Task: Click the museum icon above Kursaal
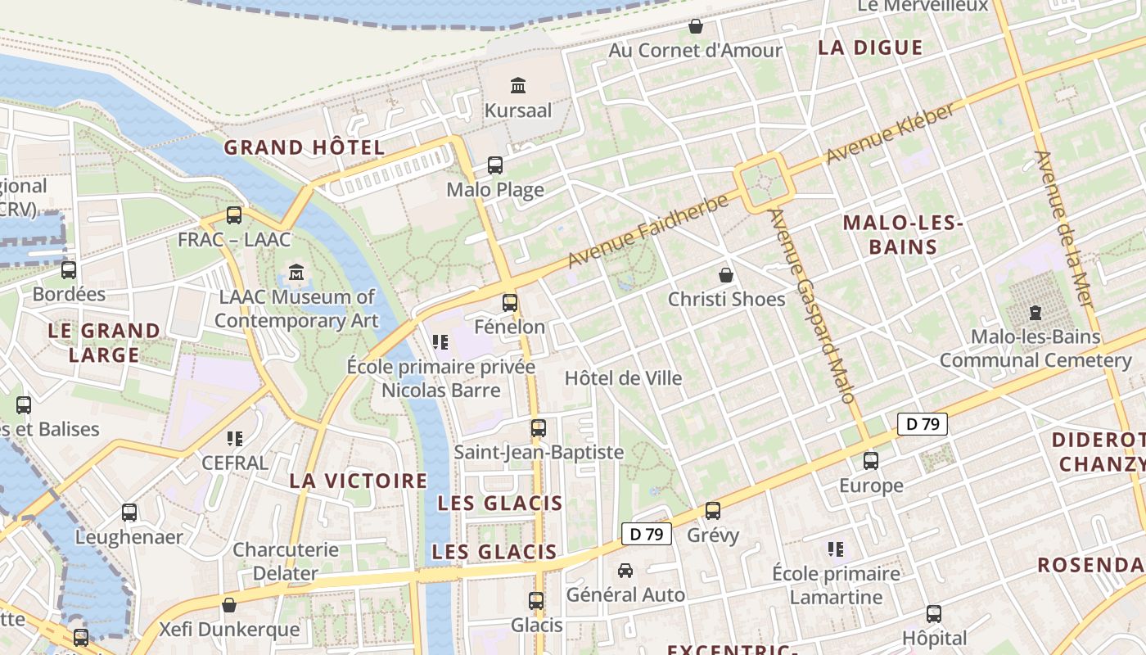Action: pyautogui.click(x=517, y=85)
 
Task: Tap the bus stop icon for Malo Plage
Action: pyautogui.click(x=495, y=165)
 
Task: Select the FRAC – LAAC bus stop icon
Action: pyautogui.click(x=234, y=215)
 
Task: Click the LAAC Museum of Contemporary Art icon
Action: pyautogui.click(x=296, y=272)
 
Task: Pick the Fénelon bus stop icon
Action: pyautogui.click(x=510, y=302)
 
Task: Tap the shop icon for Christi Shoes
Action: pyautogui.click(x=725, y=274)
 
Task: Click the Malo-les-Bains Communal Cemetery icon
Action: pyautogui.click(x=1035, y=312)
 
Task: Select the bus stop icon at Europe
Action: pyautogui.click(x=871, y=460)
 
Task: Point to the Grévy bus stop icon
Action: pyautogui.click(x=713, y=510)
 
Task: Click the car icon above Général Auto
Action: pyautogui.click(x=625, y=570)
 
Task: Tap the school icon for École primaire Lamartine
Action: pyautogui.click(x=836, y=549)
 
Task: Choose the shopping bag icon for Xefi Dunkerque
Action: pyautogui.click(x=229, y=605)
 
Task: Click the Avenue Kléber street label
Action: pyautogui.click(x=890, y=133)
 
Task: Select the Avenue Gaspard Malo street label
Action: pyautogui.click(x=812, y=305)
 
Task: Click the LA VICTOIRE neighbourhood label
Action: pyautogui.click(x=359, y=481)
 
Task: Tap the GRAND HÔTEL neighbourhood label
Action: pyautogui.click(x=304, y=147)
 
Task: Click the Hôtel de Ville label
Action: pyautogui.click(x=623, y=378)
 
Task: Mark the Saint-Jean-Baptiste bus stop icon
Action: pyautogui.click(x=538, y=427)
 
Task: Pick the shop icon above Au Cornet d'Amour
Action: pyautogui.click(x=696, y=26)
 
